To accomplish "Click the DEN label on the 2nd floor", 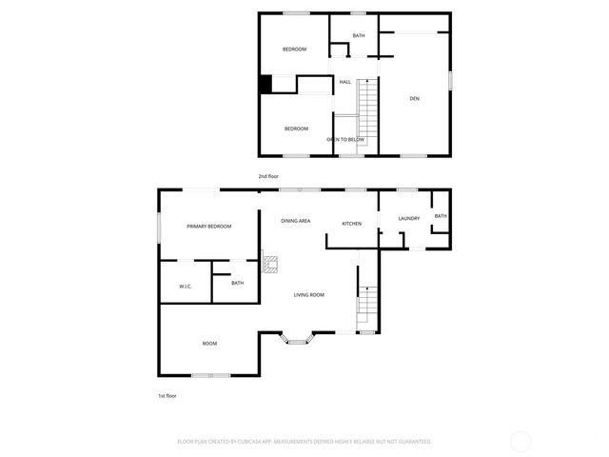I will (414, 98).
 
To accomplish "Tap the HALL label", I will (345, 82).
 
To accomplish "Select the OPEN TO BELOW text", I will (345, 140).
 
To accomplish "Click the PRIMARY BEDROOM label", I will (209, 226).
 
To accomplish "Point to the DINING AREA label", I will (295, 221).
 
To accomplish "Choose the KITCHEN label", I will (352, 224).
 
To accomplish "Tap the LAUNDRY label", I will (409, 219).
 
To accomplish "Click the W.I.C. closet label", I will (186, 286).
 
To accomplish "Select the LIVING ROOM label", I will (308, 295).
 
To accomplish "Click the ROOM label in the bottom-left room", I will (209, 343).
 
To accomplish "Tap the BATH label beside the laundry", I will (441, 216).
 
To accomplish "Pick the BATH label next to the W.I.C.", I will (237, 283).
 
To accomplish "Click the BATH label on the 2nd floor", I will (359, 36).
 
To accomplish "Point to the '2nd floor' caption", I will (269, 176).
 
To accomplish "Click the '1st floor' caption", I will (167, 395).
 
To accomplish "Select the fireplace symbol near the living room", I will (271, 265).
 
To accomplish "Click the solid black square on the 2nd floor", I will (266, 84).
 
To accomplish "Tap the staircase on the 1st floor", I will (367, 308).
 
